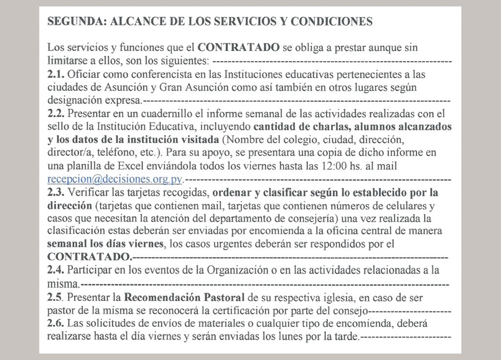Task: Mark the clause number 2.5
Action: [55, 297]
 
